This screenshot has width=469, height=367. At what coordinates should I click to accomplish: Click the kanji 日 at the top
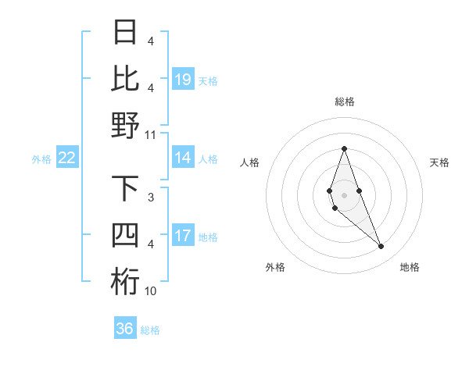tap(126, 34)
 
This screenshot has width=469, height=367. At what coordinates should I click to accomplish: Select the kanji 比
tap(126, 79)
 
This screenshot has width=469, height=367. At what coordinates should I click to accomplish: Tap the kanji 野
tap(126, 125)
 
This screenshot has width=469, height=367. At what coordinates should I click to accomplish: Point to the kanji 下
tap(126, 190)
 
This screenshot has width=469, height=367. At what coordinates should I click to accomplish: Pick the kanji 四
tap(126, 236)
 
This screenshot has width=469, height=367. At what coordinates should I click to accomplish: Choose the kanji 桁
tap(126, 282)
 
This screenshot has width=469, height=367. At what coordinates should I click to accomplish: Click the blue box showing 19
tap(183, 79)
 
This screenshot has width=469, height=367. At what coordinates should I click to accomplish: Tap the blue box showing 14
tap(183, 158)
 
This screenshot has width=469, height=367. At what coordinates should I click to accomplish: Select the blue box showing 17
tap(183, 236)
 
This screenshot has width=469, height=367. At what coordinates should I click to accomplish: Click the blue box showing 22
tap(67, 158)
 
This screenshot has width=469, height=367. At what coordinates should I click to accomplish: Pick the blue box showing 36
tap(125, 329)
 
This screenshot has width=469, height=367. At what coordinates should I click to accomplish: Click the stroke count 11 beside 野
tap(151, 134)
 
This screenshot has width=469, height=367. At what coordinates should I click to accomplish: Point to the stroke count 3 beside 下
tap(151, 198)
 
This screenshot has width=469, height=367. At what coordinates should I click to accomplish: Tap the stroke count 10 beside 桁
tap(151, 291)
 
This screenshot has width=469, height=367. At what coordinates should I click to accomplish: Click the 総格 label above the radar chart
tap(344, 102)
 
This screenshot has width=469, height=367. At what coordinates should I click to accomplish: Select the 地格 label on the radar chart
tap(410, 267)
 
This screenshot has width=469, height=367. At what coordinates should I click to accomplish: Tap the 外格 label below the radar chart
tap(275, 267)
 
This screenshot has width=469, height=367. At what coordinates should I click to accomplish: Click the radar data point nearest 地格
tap(381, 247)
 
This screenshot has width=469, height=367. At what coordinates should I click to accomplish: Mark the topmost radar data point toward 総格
tap(344, 148)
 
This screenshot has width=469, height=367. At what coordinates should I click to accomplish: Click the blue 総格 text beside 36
tap(150, 330)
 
